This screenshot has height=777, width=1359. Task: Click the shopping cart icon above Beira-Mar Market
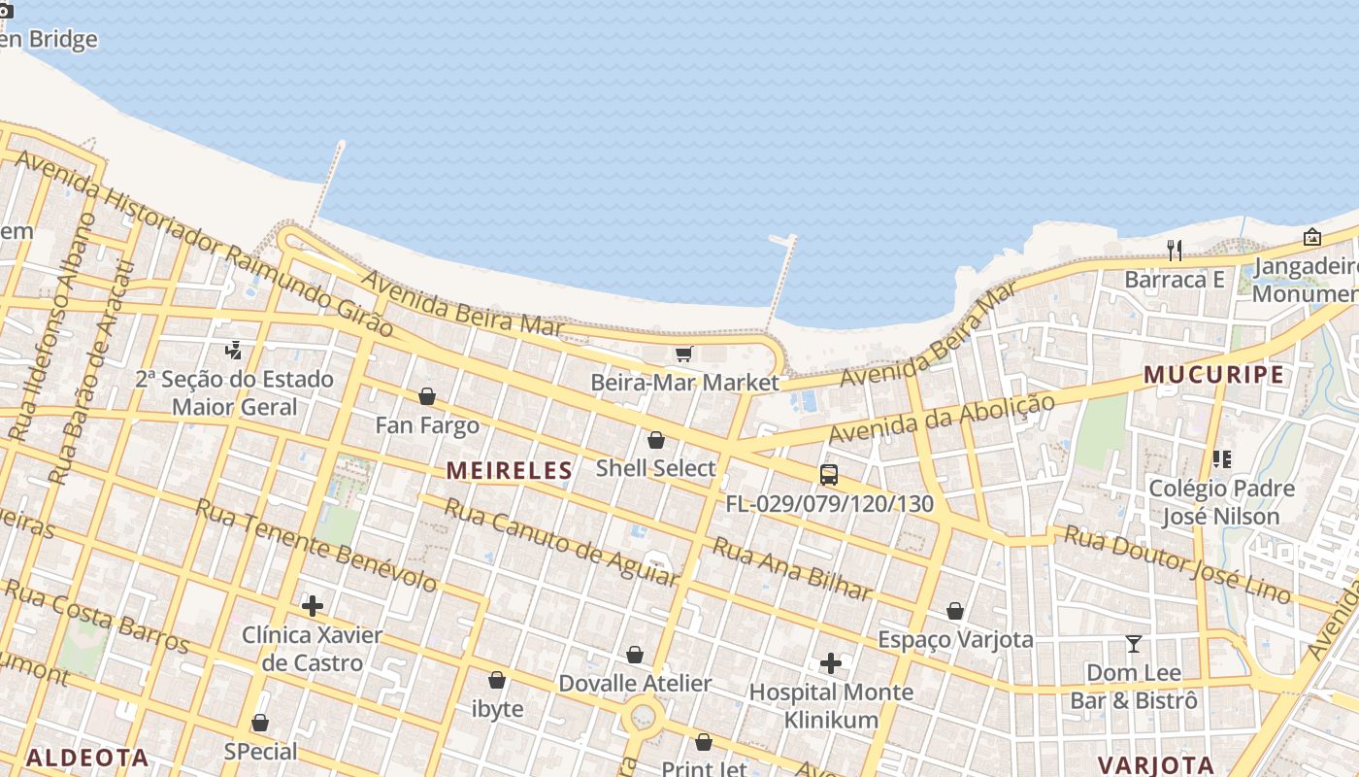tap(683, 354)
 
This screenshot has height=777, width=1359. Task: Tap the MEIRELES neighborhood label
tap(509, 471)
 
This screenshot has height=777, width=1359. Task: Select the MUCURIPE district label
tap(1213, 375)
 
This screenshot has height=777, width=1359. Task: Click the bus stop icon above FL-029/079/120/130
tap(828, 475)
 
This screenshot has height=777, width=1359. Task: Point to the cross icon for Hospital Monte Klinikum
tap(831, 663)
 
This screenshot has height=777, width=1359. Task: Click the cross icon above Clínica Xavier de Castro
tap(312, 607)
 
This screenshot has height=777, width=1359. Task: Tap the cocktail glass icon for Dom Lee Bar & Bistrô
tap(1133, 643)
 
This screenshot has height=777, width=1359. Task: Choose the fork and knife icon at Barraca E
tap(1175, 251)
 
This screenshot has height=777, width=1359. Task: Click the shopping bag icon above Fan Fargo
tap(427, 396)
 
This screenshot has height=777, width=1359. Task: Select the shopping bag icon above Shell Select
tap(656, 440)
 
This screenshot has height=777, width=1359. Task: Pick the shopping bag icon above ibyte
tap(497, 680)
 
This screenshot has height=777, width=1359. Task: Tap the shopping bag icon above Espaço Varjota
tap(955, 611)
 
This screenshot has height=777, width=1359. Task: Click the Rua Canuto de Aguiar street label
tap(560, 542)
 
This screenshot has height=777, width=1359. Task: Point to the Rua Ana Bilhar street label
tap(792, 568)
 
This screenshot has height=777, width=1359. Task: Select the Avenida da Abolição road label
tap(942, 420)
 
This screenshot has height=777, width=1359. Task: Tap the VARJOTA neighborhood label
tap(1155, 764)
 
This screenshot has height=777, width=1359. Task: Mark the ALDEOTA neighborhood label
tap(87, 758)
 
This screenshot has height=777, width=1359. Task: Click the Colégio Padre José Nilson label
tap(1221, 502)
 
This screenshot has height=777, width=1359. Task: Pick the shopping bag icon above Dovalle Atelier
tap(635, 656)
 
